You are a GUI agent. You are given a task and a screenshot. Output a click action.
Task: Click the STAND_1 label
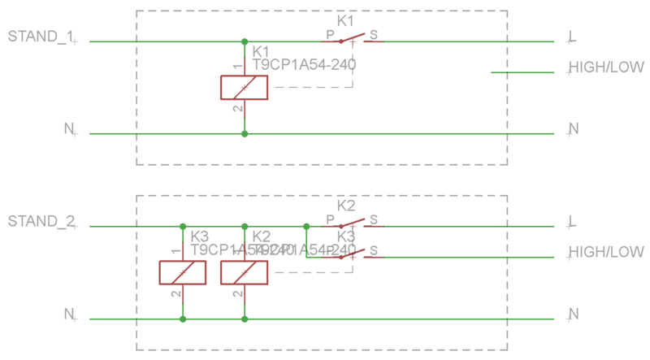pos(40,37)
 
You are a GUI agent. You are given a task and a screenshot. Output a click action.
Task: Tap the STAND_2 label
pos(40,221)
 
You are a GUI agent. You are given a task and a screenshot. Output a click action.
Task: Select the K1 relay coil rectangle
pos(244,87)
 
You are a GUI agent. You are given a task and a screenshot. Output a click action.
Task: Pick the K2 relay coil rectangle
pos(244,272)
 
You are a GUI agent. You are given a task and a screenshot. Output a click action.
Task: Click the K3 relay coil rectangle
pos(182,272)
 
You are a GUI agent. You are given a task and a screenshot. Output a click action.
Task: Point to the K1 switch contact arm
pos(352,38)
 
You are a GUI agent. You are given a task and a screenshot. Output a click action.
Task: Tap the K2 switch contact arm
pos(352,223)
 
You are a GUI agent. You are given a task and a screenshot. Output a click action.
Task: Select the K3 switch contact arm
pos(352,254)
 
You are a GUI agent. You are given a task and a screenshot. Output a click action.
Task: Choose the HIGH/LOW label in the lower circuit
pos(605,252)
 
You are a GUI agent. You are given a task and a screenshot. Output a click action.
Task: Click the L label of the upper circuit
pos(573,37)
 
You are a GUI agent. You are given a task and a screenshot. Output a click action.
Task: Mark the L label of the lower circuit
pos(573,221)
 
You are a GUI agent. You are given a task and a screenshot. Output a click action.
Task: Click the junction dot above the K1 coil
pos(244,41)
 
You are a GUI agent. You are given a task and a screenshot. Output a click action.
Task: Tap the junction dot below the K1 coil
pos(244,133)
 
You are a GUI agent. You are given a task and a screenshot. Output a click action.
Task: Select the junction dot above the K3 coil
pos(182,227)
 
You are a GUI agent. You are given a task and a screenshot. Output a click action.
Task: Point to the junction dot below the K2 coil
pos(244,319)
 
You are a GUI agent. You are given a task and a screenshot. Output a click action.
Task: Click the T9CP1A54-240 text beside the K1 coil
pos(305,63)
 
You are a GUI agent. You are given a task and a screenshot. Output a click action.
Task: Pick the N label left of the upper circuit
pos(69,128)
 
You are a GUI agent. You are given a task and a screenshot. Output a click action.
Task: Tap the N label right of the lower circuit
pos(574,314)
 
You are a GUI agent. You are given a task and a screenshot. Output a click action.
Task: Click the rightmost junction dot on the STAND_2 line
pos(306,227)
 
